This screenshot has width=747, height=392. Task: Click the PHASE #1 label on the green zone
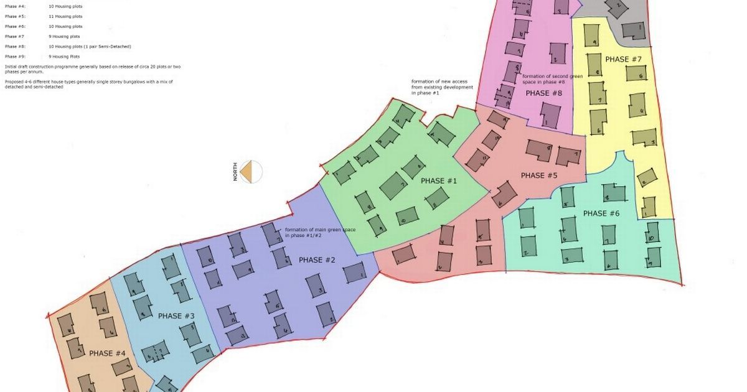[x=439, y=181]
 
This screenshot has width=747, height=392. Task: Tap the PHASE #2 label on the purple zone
[x=317, y=260]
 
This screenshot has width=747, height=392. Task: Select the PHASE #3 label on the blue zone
[x=176, y=316]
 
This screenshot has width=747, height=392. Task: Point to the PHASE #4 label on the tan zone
[x=107, y=353]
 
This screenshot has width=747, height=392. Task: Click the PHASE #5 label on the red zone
[x=539, y=175]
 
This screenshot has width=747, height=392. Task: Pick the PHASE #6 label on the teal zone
[x=601, y=213]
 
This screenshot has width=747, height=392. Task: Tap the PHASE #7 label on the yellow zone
[x=623, y=59]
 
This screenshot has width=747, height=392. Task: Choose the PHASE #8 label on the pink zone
[x=544, y=93]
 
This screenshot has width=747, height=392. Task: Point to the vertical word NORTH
[x=235, y=171]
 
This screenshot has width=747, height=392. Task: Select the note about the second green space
[x=552, y=79]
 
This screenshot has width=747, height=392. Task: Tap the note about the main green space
[x=320, y=233]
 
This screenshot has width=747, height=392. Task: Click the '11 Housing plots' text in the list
[x=65, y=17]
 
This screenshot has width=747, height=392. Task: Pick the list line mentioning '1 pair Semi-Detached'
[x=90, y=47]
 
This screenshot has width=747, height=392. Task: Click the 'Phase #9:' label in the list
[x=15, y=57]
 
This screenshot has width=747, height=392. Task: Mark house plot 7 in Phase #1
[x=394, y=185]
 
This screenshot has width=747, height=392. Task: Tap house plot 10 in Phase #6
[x=652, y=238]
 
